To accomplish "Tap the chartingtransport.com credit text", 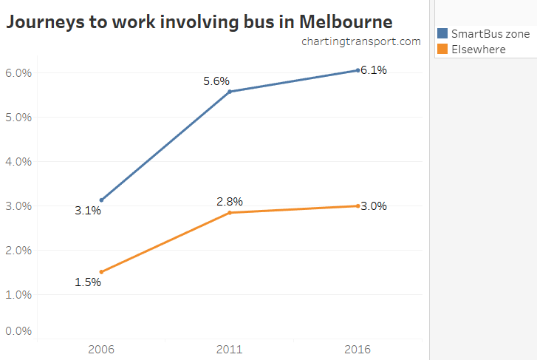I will coord(360,41).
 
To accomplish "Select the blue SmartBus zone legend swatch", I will coord(442,33).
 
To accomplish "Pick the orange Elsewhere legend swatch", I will coord(442,49).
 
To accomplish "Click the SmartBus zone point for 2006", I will coord(101,200).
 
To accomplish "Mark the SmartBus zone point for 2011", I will coord(230,92).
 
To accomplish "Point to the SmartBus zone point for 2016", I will coord(358,70).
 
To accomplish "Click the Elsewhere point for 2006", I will coord(101,272).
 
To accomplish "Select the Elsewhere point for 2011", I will coord(230,213).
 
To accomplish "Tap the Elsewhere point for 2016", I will coord(358,206).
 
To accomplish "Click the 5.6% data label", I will coord(216,81).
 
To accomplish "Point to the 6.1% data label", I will coord(374,70).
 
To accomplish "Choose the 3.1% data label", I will coord(88,211).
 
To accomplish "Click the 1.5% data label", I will coord(88,283).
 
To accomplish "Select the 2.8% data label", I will coord(230,201).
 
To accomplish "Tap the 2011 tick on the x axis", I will coord(230,349).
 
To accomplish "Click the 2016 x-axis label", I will coord(358,349).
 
